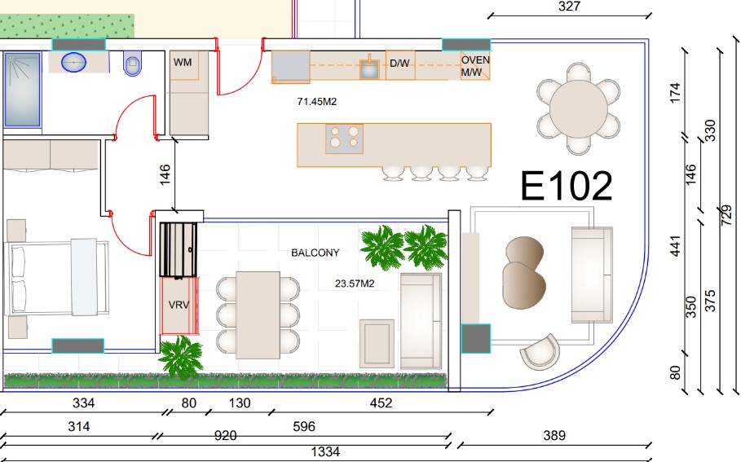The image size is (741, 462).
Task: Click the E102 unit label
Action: point(567,186)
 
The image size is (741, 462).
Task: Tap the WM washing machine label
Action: point(183,63)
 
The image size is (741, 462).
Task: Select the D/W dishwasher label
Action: point(399,64)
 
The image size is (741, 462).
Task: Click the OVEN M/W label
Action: point(475,66)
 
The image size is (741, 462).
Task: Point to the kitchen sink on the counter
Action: point(369,67)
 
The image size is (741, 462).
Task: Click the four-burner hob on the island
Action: point(344,139)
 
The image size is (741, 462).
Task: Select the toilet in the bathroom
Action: point(132,64)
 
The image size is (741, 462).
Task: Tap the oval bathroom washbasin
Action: point(73,63)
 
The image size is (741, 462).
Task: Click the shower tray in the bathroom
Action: point(22,90)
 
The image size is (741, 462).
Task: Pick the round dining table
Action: point(579,108)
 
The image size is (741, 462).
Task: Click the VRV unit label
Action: point(179,305)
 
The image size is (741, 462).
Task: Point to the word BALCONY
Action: point(315,253)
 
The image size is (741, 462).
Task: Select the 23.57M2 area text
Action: point(355,284)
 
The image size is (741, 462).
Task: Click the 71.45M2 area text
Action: point(316,102)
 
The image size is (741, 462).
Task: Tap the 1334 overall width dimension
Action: point(325,452)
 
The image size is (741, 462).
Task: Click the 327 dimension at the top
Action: point(569,7)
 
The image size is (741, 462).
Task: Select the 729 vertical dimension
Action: point(726,215)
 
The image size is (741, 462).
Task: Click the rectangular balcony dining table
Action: point(258,315)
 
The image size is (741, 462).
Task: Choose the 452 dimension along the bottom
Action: point(381,403)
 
